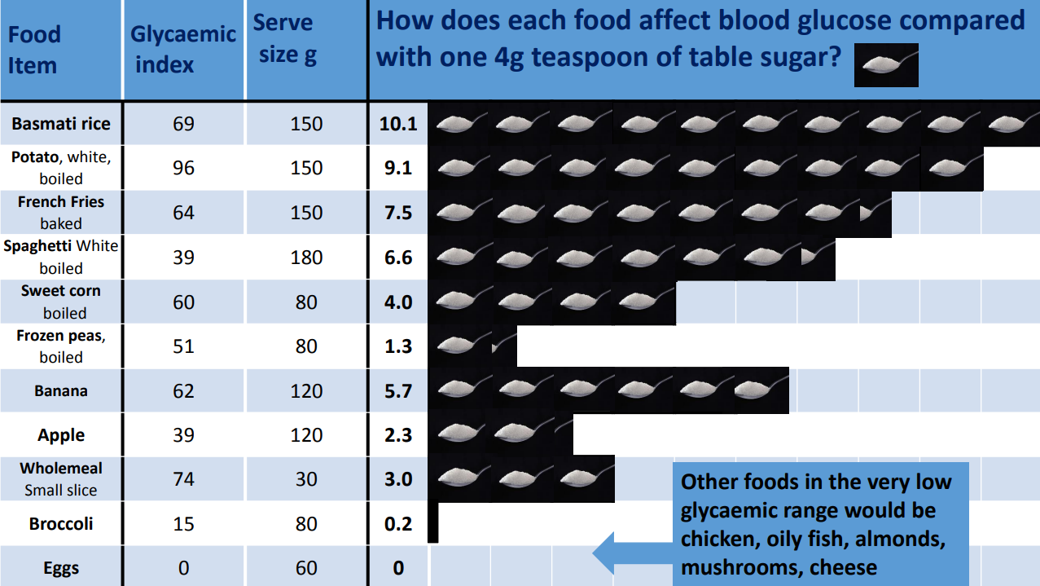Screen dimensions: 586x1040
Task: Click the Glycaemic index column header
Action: coord(184,49)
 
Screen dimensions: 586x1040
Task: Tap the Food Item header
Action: coord(34,49)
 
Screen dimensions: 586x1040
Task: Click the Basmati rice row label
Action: coord(61,124)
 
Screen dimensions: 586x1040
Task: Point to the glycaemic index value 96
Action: coord(184,168)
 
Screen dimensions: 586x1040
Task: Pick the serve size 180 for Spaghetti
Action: coord(306,258)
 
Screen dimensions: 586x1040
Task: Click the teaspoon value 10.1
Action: coord(398,124)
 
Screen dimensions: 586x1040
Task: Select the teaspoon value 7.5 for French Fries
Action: coord(398,213)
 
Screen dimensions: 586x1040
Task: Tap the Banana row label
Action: coord(61,391)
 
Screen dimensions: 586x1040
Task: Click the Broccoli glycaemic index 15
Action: coord(184,524)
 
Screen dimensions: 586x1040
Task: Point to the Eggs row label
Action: coord(61,568)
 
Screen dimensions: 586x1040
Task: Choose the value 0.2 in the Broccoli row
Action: coord(398,524)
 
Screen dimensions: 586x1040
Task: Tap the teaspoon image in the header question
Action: coord(886,65)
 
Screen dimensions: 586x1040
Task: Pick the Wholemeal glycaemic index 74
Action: coord(184,479)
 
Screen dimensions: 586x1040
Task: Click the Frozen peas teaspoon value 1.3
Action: coord(398,346)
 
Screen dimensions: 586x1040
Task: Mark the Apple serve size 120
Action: coord(306,435)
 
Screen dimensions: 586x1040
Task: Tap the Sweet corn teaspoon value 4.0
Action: coord(398,302)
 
